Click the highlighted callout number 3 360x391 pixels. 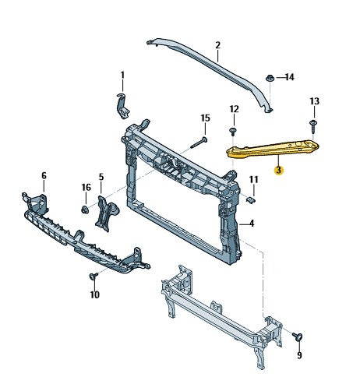[x=279, y=171]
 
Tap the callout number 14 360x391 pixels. [x=290, y=77]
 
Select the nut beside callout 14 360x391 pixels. [x=270, y=78]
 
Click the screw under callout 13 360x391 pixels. [x=313, y=125]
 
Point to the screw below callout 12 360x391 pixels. [x=233, y=132]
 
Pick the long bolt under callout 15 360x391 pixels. [x=199, y=143]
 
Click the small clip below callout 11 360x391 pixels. [x=251, y=200]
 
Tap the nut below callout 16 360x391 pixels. [x=85, y=210]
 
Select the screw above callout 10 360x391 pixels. [x=93, y=277]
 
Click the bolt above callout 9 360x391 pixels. [x=298, y=336]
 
